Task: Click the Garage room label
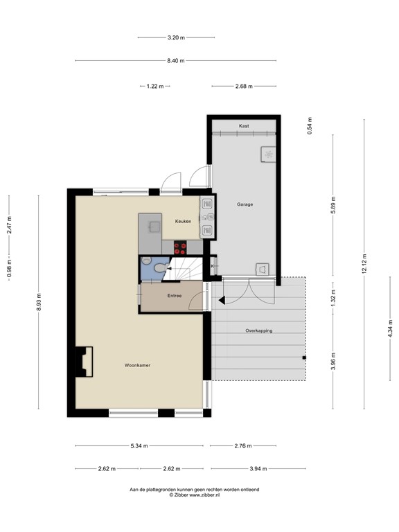245,204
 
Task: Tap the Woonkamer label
137,364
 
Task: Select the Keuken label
183,221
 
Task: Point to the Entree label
175,296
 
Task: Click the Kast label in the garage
244,126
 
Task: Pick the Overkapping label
258,330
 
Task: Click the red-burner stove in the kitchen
181,246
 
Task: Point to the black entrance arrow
221,300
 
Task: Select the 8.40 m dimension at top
176,61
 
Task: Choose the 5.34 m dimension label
139,446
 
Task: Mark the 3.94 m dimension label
258,469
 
